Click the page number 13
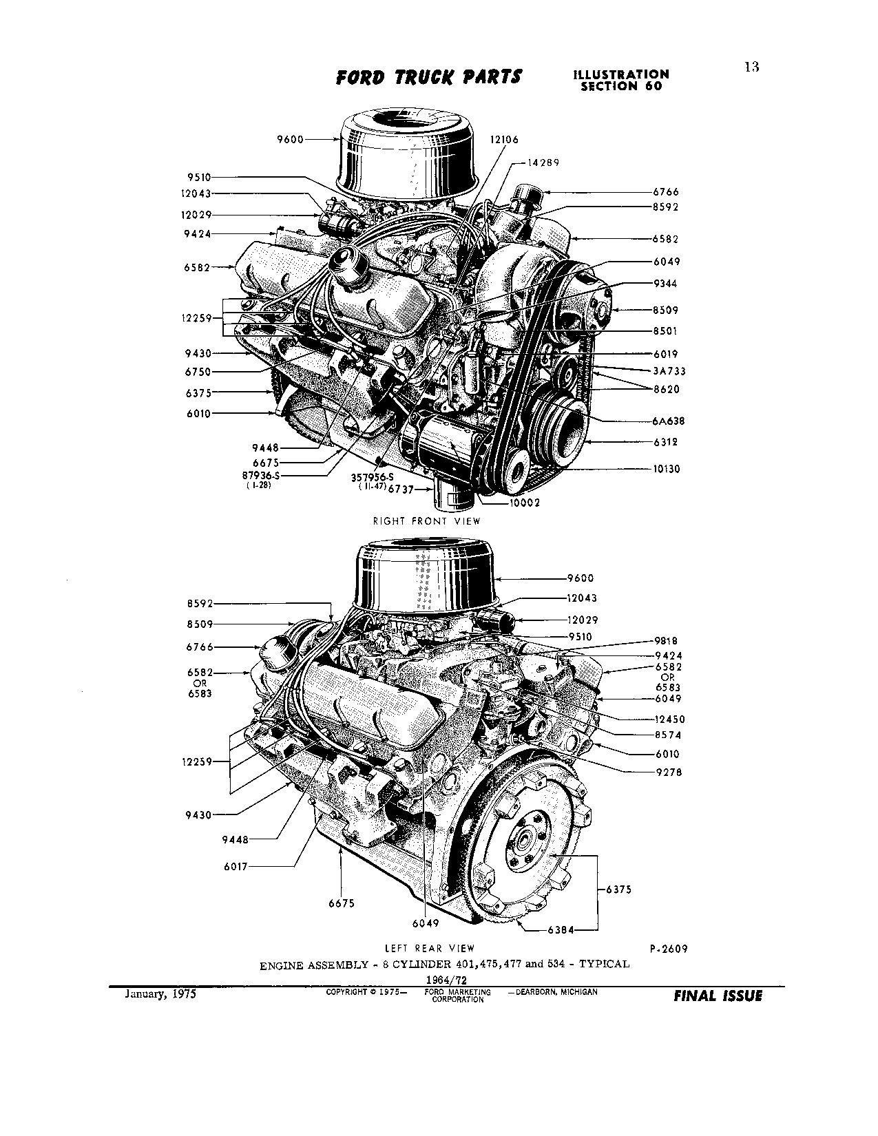pyautogui.click(x=751, y=67)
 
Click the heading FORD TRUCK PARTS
pyautogui.click(x=428, y=77)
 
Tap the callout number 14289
pyautogui.click(x=543, y=163)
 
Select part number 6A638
pyautogui.click(x=668, y=421)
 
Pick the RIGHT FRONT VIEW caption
pyautogui.click(x=426, y=521)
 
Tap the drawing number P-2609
pyautogui.click(x=668, y=949)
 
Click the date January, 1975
pyautogui.click(x=160, y=994)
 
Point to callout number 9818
pyautogui.click(x=668, y=641)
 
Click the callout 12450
pyautogui.click(x=670, y=719)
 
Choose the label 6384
pyautogui.click(x=562, y=929)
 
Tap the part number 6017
pyautogui.click(x=236, y=866)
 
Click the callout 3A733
pyautogui.click(x=669, y=371)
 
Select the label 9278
pyautogui.click(x=668, y=772)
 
